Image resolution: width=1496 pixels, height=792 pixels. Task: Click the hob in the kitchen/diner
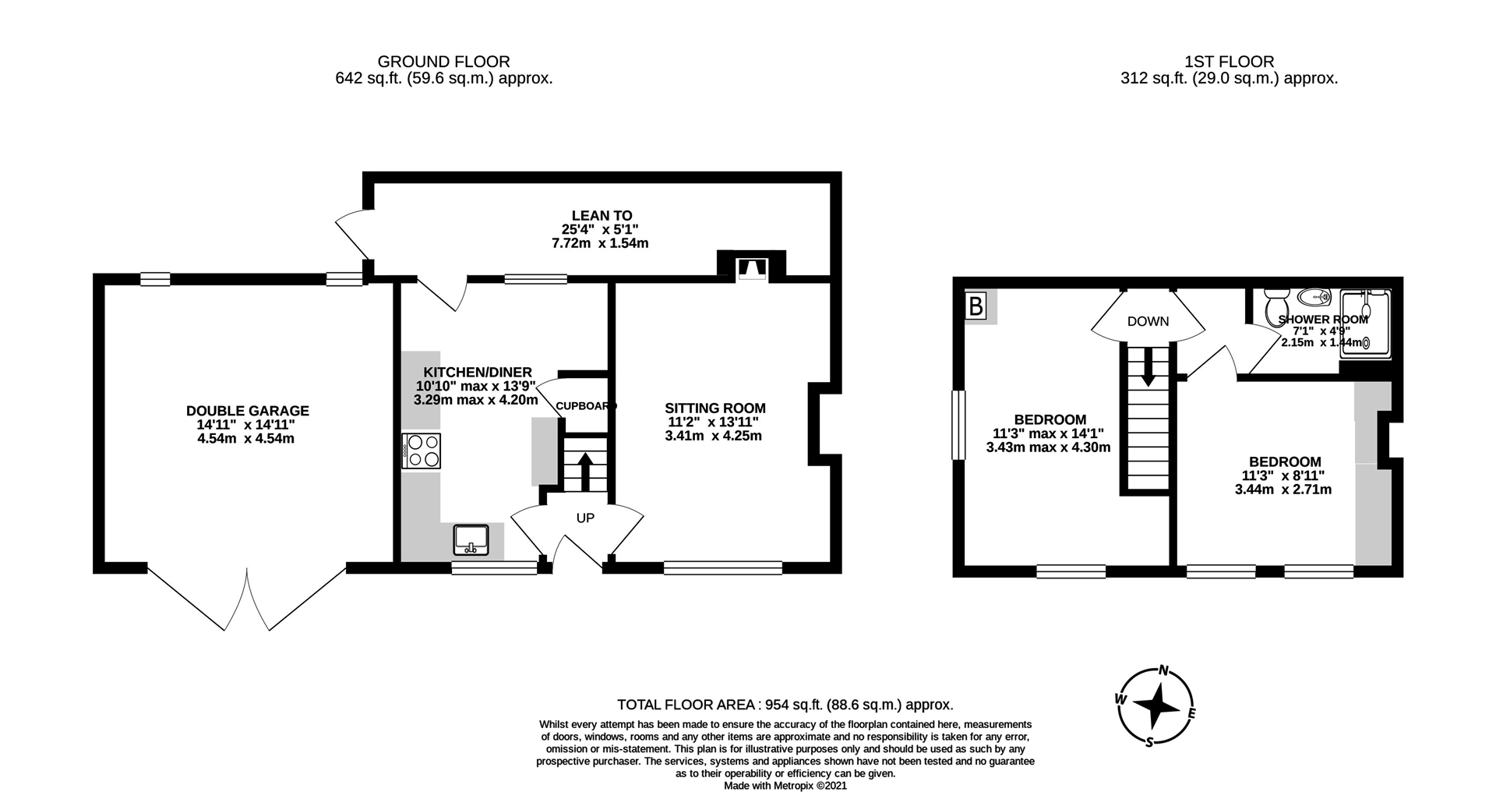pos(422,451)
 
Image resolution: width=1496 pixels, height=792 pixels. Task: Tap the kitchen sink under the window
pos(471,539)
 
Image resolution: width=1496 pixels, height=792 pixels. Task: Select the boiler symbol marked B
pos(976,306)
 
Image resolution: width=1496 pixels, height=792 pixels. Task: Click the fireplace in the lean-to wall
pos(750,268)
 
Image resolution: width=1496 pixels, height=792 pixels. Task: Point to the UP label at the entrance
pos(585,518)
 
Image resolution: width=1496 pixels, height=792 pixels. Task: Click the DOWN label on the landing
pos(1148,321)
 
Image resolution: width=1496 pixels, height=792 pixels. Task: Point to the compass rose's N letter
pos(1164,670)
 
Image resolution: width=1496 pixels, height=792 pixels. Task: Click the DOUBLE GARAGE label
pos(247,411)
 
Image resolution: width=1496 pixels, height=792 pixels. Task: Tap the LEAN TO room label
pos(602,215)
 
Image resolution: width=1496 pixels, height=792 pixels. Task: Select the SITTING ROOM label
pos(714,408)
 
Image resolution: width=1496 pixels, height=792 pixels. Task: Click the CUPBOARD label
pos(586,406)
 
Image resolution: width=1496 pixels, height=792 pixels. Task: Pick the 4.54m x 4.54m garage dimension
pos(246,439)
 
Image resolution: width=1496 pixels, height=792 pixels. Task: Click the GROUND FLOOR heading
pos(443,61)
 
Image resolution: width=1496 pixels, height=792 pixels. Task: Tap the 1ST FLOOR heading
pos(1229,61)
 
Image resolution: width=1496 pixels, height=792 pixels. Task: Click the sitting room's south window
pos(722,567)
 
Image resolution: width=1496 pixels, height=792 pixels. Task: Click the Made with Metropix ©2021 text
pos(785,786)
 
